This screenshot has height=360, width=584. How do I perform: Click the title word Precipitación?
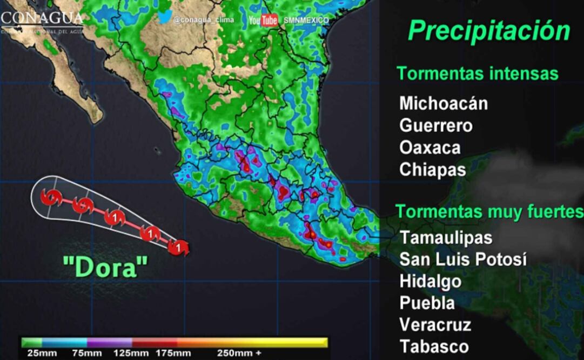coord(489,31)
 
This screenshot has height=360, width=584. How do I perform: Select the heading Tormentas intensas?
coord(478,74)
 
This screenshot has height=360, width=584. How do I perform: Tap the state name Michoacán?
coord(444,103)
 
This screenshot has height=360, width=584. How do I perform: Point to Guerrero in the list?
coord(436,125)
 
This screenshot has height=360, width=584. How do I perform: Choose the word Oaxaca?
coord(430,148)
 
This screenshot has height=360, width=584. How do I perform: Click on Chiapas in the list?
coord(432,170)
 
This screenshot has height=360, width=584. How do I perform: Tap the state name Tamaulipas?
coord(446,237)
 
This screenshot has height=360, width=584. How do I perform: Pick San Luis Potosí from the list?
coord(463,259)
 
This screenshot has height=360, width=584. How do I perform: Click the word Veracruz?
coord(435,325)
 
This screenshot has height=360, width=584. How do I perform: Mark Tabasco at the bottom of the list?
coord(434,346)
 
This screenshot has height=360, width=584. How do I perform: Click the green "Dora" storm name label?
coord(105,268)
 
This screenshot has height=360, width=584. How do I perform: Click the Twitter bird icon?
coord(165,17)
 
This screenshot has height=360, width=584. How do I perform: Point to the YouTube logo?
coord(263,20)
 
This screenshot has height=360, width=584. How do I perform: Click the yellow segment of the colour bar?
coord(303,342)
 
